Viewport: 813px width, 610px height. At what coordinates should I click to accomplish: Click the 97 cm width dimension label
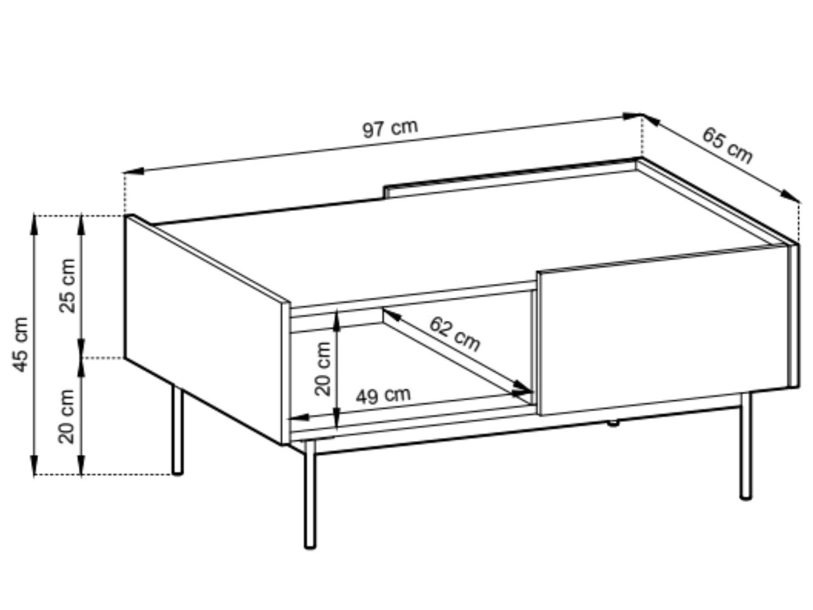click(x=389, y=128)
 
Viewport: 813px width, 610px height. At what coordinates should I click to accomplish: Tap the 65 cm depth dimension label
click(x=727, y=146)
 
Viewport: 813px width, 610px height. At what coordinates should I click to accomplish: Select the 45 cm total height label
click(x=21, y=344)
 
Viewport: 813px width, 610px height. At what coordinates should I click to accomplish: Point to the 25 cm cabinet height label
click(x=67, y=285)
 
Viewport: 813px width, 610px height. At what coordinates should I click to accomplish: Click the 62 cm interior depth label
click(x=455, y=334)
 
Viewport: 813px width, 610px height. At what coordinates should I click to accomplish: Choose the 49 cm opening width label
click(x=383, y=395)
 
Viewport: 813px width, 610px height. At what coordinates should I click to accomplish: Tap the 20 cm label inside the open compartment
click(x=323, y=369)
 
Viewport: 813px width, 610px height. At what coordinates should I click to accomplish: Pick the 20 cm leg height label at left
click(x=67, y=416)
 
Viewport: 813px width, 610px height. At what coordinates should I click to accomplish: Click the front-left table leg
click(x=310, y=494)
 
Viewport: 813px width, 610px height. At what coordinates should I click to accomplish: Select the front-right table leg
click(x=746, y=446)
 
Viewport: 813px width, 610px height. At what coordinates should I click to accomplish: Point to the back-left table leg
click(x=178, y=430)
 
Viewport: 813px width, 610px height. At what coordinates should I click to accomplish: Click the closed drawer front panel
click(x=663, y=330)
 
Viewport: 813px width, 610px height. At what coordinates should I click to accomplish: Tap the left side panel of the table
click(x=204, y=330)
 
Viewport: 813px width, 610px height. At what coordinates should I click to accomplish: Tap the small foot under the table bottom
click(x=613, y=423)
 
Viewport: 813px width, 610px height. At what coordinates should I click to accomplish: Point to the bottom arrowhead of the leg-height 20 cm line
click(x=81, y=465)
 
